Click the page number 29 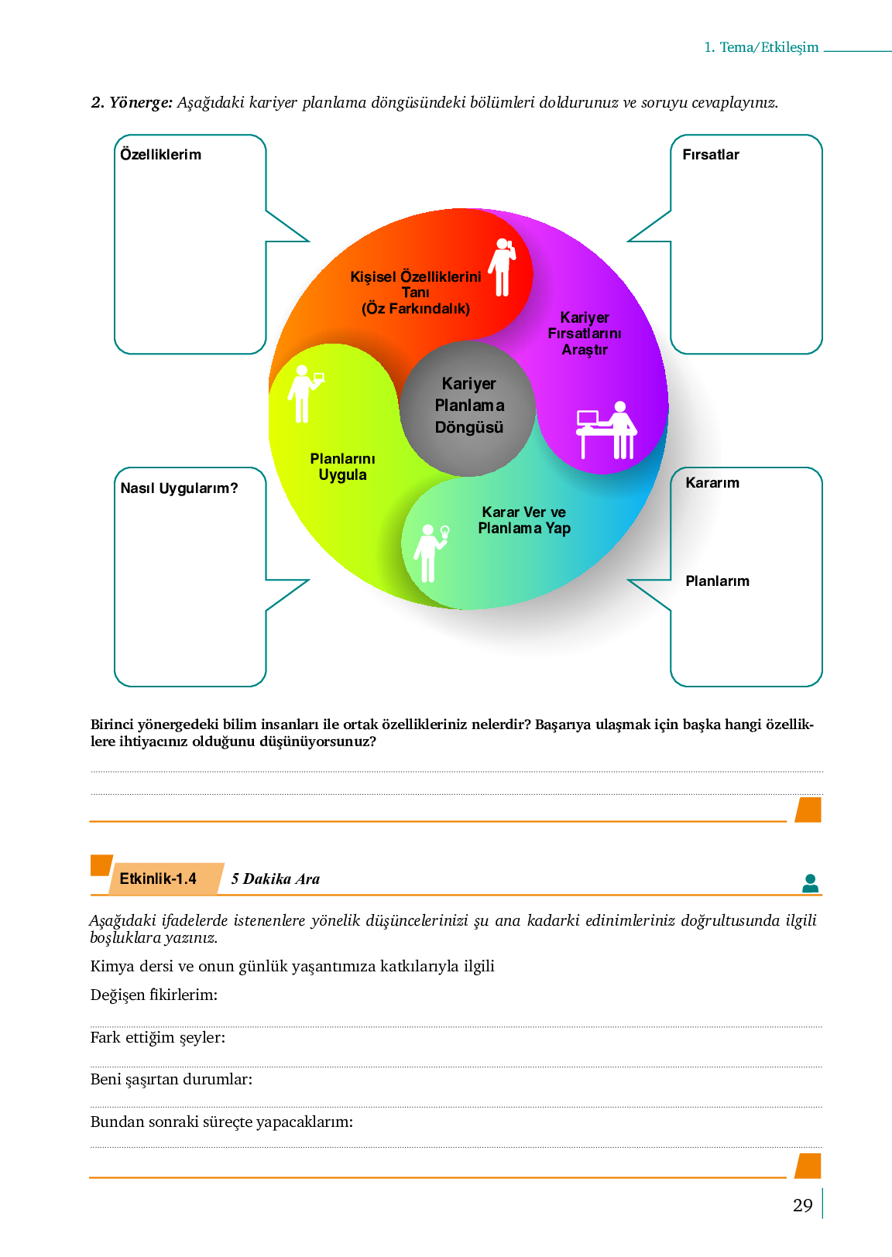coord(802,1205)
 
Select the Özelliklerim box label coord(160,155)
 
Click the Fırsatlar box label coord(710,155)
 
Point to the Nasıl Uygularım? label coord(179,488)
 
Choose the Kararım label coord(712,483)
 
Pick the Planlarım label coord(717,581)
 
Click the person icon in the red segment coord(503,267)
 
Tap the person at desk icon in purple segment coord(607,430)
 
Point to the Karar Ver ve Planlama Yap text coord(524,520)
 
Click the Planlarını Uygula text coord(342,467)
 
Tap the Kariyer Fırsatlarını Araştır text coord(585,334)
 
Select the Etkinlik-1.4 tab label coord(158,879)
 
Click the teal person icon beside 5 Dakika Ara coord(810,883)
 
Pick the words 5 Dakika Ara coord(275,879)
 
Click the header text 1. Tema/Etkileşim coord(760,47)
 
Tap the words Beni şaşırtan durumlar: coord(171,1079)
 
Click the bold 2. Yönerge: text coord(132,102)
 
